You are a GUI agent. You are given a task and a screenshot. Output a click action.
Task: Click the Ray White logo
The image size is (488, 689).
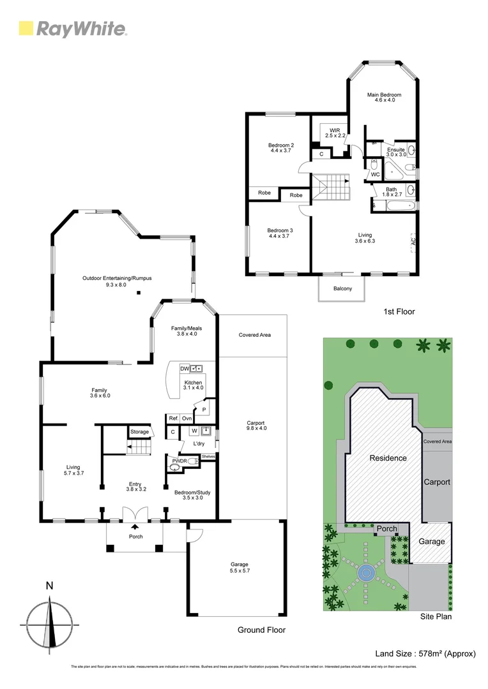click(72, 29)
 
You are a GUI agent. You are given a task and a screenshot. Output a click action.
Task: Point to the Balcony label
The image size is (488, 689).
click(342, 288)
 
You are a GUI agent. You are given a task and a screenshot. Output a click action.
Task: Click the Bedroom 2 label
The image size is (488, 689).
click(280, 145)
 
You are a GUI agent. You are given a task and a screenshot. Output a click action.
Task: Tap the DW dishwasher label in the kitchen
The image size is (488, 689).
click(185, 369)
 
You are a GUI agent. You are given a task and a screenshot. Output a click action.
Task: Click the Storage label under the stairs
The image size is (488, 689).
click(139, 432)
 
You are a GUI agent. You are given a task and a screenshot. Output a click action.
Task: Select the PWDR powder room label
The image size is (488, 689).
click(178, 459)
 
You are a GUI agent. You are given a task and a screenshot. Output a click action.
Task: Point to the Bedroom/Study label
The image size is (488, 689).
click(192, 493)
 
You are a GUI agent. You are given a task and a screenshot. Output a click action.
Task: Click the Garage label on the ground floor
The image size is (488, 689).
click(240, 564)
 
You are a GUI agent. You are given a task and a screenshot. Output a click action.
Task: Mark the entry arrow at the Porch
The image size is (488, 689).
click(135, 527)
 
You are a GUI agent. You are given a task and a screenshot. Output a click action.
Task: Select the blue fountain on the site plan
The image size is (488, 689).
click(366, 573)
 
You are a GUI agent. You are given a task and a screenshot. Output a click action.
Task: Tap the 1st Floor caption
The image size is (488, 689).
click(399, 312)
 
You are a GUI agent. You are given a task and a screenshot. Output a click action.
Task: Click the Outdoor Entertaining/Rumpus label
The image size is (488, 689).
click(117, 278)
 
